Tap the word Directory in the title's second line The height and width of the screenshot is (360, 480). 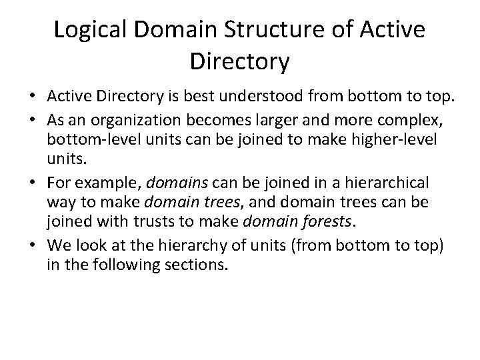(x=239, y=61)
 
